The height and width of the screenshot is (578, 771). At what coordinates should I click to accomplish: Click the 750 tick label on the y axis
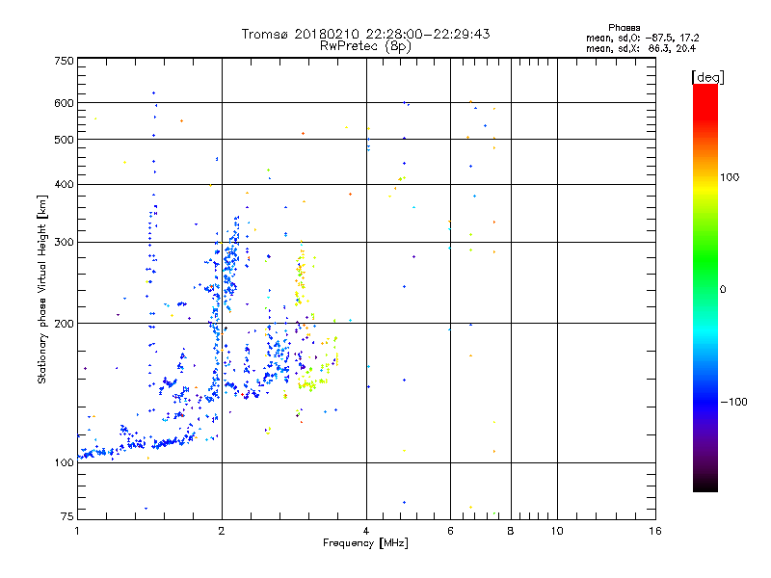64,60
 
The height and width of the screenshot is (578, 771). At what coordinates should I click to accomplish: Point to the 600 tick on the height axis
64,102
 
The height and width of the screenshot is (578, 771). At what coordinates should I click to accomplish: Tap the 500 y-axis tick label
64,140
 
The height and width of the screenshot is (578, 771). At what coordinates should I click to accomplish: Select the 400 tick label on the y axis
64,184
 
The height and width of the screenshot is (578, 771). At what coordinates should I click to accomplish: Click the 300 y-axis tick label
64,242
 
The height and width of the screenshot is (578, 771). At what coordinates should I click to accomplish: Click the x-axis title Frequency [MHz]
365,544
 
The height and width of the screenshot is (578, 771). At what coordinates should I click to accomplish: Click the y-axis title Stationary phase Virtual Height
42,289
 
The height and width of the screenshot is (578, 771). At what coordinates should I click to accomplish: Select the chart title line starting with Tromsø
365,34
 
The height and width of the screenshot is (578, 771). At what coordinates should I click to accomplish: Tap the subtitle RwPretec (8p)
365,45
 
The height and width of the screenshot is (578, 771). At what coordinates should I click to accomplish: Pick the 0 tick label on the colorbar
722,289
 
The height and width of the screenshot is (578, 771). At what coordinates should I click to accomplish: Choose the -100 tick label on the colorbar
731,402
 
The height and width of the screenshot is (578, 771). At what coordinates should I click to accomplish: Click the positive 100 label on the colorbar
730,177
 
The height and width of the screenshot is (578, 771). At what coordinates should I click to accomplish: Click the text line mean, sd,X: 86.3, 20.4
641,47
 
